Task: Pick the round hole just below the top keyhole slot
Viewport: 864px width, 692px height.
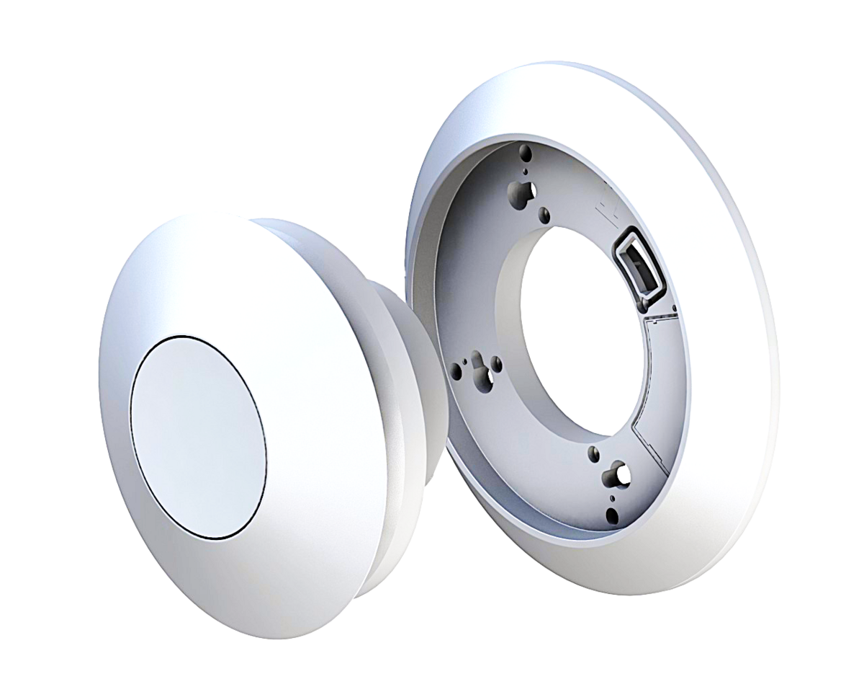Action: click(545, 213)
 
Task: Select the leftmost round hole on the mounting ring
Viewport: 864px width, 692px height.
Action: click(456, 371)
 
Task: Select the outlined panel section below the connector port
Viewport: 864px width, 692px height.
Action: click(655, 375)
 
